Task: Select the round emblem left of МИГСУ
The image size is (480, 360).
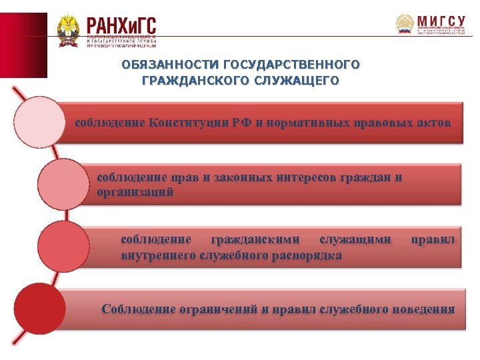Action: pos(405,25)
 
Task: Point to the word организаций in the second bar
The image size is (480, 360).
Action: pos(135,192)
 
